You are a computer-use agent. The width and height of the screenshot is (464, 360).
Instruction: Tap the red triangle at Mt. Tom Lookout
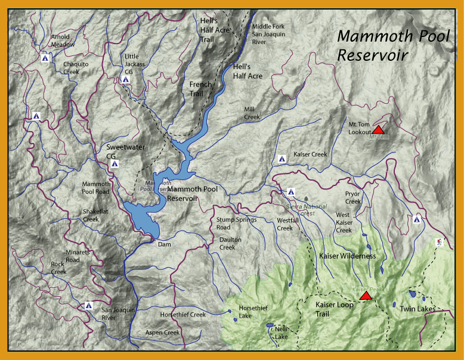378,129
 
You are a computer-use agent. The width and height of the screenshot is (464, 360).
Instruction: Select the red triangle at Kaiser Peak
366,296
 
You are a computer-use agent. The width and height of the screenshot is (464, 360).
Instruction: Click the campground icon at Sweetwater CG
115,163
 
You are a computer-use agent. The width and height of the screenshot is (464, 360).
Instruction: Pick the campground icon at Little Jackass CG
126,79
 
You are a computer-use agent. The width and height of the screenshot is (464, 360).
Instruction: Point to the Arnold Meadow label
63,41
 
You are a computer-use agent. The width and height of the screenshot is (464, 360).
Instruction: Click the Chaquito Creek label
79,67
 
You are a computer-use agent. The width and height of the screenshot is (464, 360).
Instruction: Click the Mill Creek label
252,113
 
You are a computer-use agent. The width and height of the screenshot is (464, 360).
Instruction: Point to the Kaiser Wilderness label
348,256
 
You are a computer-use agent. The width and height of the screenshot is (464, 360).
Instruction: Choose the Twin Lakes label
417,309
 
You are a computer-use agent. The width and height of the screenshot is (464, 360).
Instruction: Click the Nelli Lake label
282,333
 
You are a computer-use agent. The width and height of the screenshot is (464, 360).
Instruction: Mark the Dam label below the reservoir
164,244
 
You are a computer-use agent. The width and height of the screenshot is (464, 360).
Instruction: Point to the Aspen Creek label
163,332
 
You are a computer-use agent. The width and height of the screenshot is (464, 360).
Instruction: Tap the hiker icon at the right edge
440,242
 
